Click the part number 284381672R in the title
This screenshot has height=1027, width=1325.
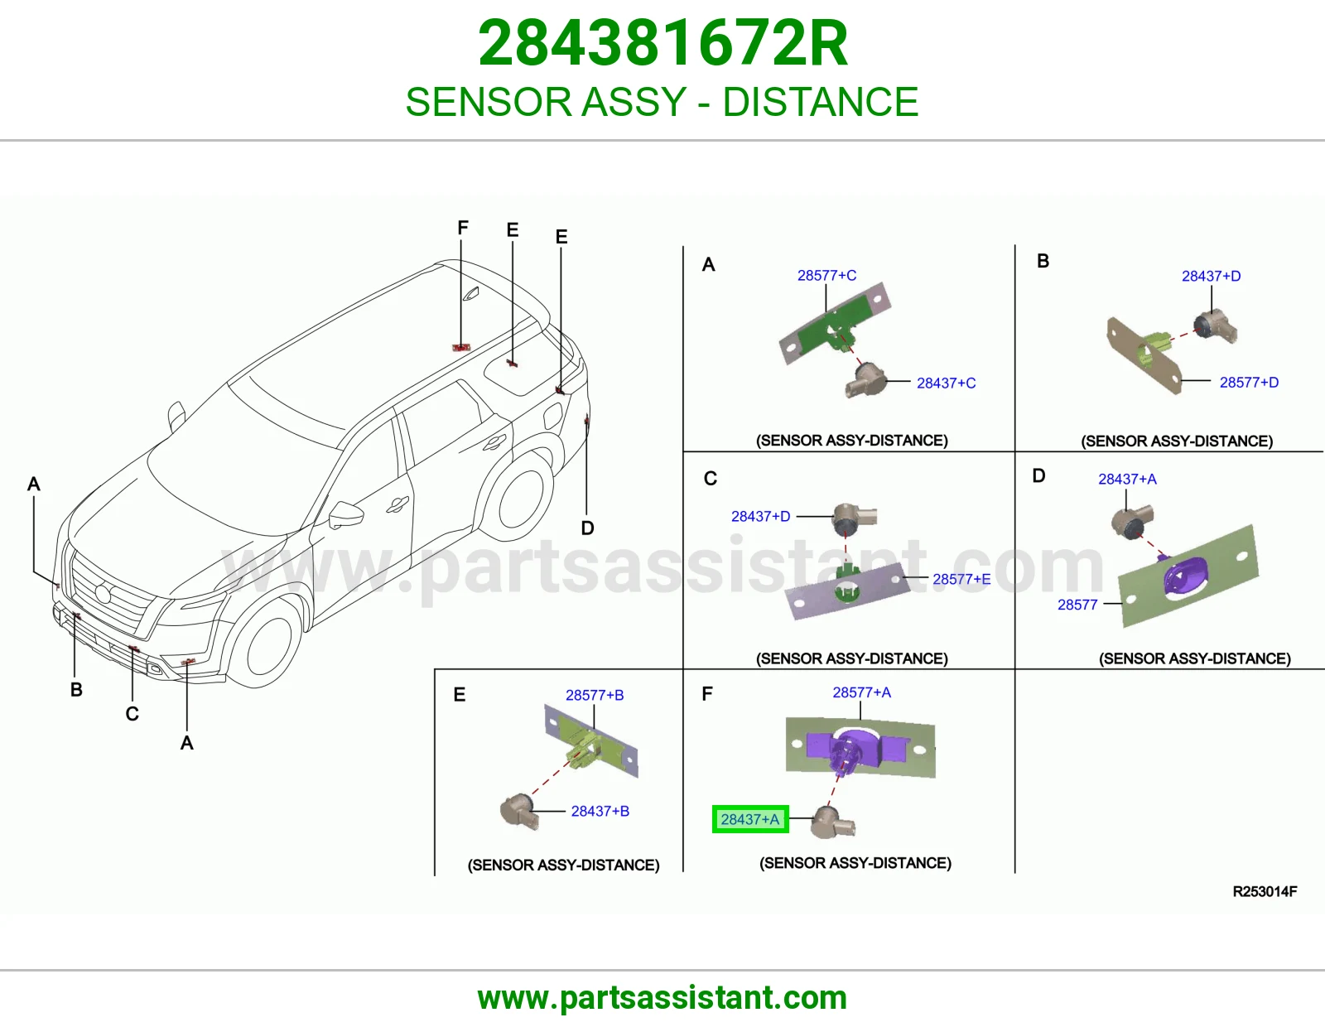coord(662,43)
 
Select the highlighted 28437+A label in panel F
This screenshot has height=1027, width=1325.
coord(750,819)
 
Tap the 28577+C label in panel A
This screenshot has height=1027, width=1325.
coord(826,276)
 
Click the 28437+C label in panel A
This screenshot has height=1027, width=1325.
coord(946,383)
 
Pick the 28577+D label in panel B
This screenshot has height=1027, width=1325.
coord(1249,383)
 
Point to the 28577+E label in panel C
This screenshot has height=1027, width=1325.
coord(961,579)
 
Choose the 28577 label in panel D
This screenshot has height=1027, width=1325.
coord(1077,605)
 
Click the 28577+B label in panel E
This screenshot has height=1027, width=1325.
coord(595,695)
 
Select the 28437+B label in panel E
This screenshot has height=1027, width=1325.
coord(600,811)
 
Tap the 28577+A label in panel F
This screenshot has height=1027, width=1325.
coord(861,692)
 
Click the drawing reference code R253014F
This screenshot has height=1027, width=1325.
coord(1265,892)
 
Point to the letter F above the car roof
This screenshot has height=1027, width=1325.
coord(463,228)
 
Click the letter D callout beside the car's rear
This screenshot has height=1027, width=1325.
coord(587,528)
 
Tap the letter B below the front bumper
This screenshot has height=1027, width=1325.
coord(76,690)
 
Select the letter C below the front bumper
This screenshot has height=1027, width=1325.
coord(132,714)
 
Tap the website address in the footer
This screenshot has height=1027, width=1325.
coord(662,998)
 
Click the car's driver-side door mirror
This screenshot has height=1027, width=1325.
coord(345,515)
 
